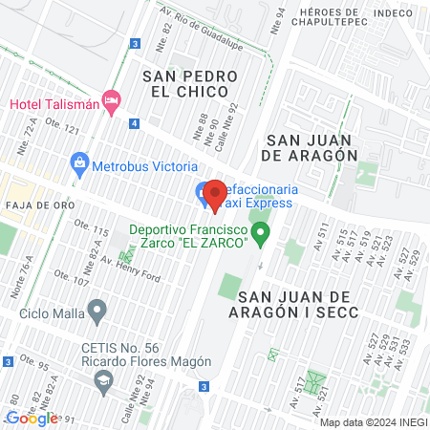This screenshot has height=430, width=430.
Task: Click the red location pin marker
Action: pyautogui.click(x=214, y=195)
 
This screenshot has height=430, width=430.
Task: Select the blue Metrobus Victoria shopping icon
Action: pyautogui.click(x=79, y=164)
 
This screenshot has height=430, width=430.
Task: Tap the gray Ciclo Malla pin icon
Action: pyautogui.click(x=97, y=311)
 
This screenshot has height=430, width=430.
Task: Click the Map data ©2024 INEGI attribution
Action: pyautogui.click(x=373, y=422)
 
